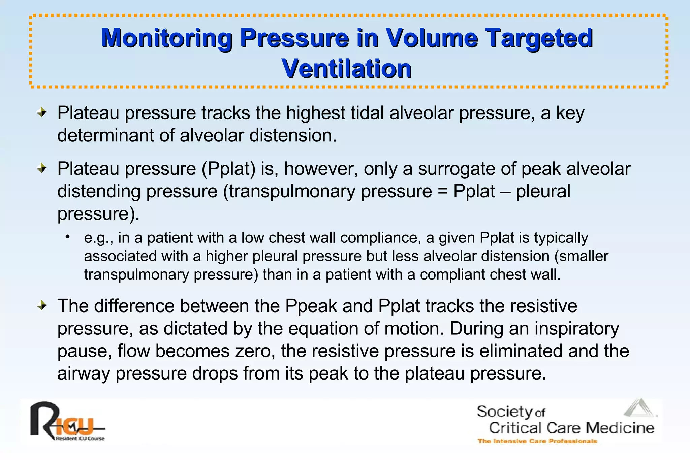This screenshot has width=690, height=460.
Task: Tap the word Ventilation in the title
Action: click(x=347, y=69)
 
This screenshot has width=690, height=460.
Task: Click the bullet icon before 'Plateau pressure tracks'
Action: click(x=42, y=112)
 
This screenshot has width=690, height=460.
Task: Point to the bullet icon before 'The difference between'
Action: click(x=42, y=306)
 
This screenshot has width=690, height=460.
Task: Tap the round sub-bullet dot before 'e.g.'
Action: click(x=68, y=237)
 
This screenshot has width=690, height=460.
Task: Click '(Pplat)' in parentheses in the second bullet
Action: click(x=229, y=168)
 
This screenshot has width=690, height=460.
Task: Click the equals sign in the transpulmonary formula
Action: click(x=442, y=191)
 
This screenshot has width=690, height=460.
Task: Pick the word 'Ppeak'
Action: click(x=311, y=306)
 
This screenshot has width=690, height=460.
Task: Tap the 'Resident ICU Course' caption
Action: click(x=80, y=439)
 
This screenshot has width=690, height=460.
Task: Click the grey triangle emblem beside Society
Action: click(x=639, y=408)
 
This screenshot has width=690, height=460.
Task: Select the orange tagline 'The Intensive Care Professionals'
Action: click(x=537, y=441)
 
